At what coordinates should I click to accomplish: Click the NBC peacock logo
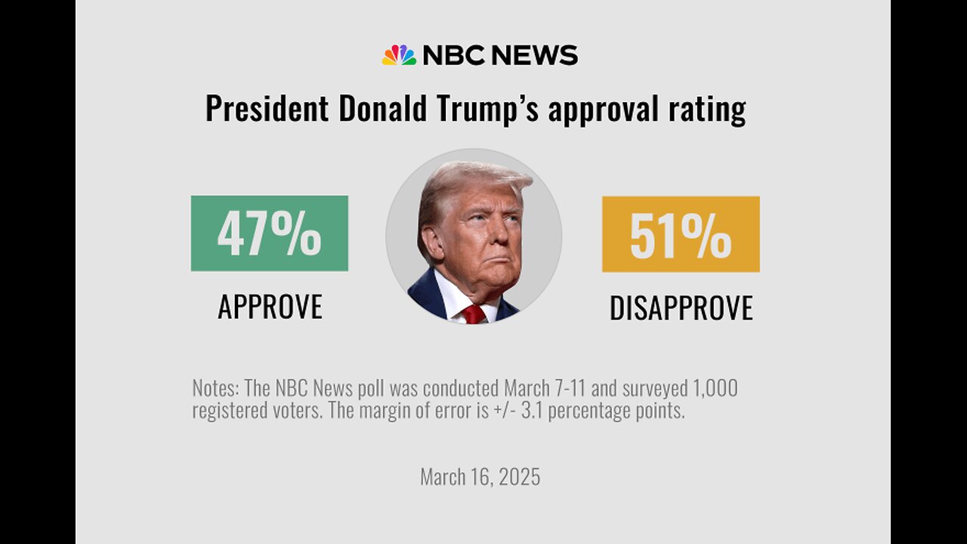tap(399, 55)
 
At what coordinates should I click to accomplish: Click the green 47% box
tap(269, 233)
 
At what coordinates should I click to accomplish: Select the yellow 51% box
tap(681, 234)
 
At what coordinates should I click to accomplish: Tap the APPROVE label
tap(270, 307)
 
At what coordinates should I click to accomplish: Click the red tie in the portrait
tap(474, 314)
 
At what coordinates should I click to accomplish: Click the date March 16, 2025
tap(480, 478)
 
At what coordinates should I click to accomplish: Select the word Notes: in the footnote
tap(215, 389)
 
